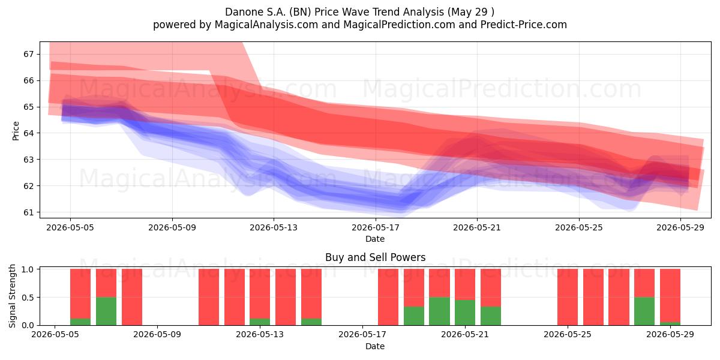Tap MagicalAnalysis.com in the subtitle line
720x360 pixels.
[266, 25]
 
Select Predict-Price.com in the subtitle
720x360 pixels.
[524, 25]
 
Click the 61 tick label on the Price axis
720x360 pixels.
[29, 212]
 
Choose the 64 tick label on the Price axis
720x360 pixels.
[29, 133]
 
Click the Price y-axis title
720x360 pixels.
[16, 131]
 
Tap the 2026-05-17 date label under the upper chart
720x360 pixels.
[376, 227]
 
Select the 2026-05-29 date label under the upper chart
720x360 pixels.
[680, 227]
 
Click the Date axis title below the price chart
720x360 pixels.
[375, 239]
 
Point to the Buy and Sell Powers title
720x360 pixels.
[375, 257]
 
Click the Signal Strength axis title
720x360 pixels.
[12, 296]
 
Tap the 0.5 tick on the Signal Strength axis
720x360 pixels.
[27, 298]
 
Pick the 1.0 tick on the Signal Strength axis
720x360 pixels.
[27, 269]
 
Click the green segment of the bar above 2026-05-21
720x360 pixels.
[465, 313]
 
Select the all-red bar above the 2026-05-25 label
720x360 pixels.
[568, 297]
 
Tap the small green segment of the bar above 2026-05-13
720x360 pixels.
[260, 322]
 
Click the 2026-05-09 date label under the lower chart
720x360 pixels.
[157, 335]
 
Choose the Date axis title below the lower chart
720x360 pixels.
[375, 346]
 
